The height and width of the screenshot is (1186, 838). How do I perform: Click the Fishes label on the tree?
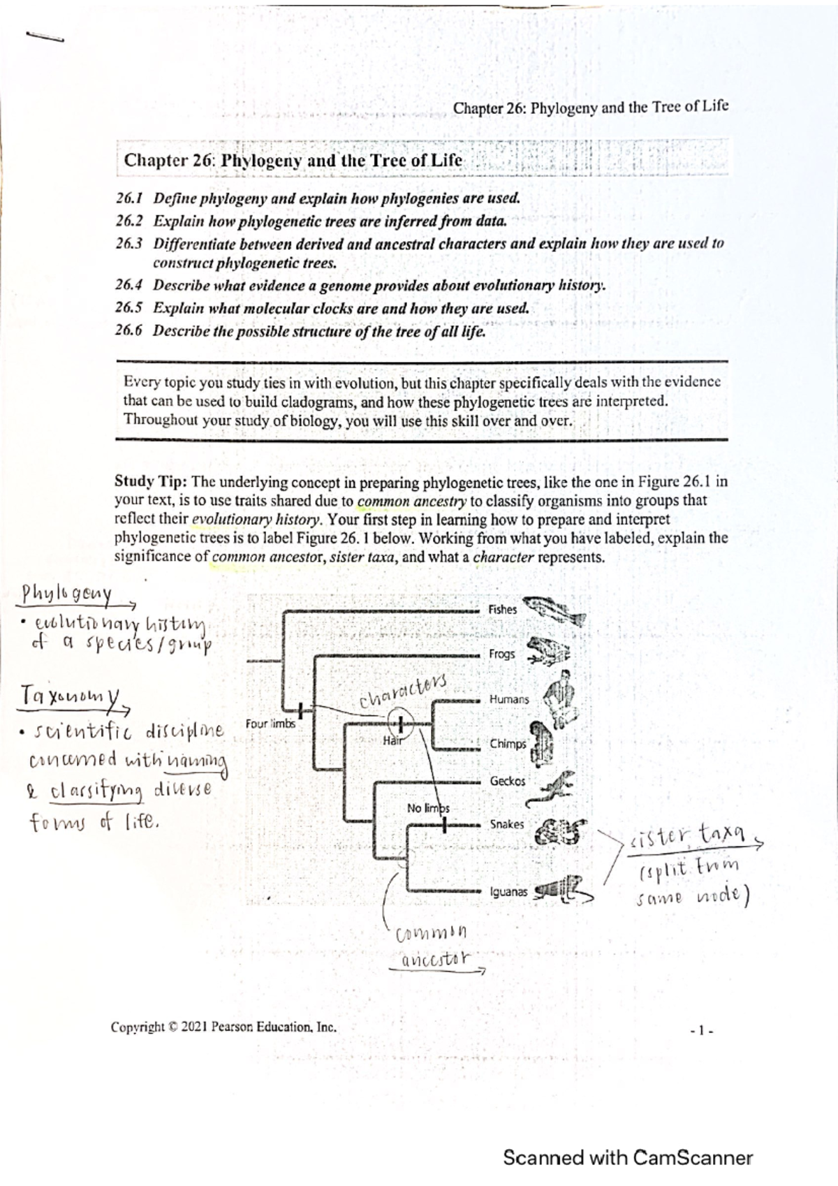pos(502,610)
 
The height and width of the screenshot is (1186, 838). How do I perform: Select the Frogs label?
pos(501,654)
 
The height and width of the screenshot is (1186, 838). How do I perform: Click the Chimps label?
pos(508,744)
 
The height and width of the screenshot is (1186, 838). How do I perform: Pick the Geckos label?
pos(508,781)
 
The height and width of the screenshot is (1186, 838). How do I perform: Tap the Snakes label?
pos(506,824)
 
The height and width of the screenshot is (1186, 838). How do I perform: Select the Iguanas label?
pos(508,892)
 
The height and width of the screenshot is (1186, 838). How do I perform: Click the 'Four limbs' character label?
pos(270,724)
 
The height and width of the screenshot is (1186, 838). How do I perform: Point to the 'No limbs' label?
pos(427,808)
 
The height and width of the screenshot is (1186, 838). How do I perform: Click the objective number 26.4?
pos(129,286)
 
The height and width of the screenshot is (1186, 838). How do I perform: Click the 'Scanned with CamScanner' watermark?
pos(627,1158)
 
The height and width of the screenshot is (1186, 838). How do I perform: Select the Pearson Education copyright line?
pos(223,1027)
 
